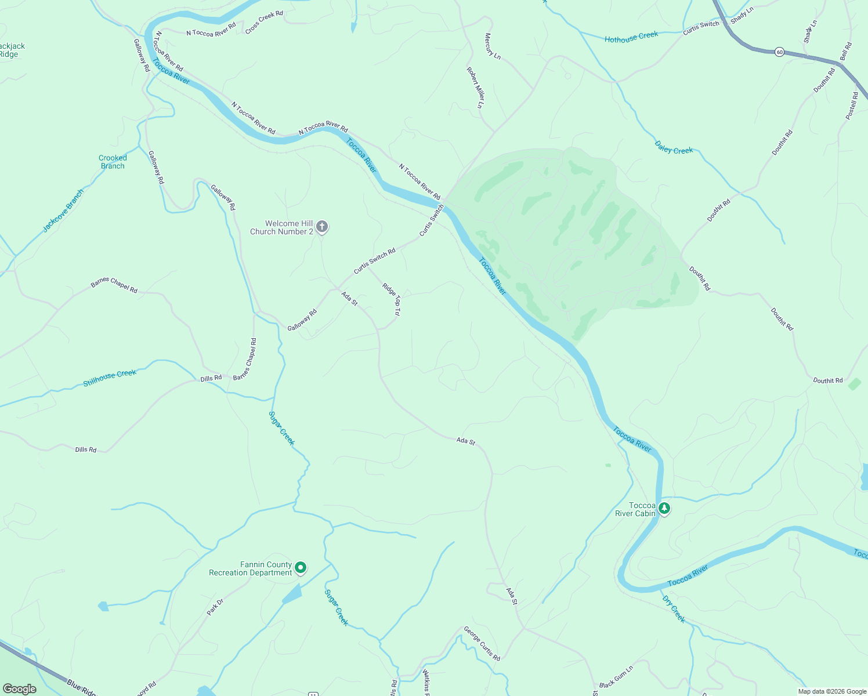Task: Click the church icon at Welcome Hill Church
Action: (322, 227)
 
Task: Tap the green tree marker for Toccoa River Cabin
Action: (664, 509)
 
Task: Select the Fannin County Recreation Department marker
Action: (301, 568)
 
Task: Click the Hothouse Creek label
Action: (631, 37)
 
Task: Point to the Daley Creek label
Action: (674, 147)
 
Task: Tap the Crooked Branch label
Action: (113, 162)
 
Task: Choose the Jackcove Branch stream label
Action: (63, 211)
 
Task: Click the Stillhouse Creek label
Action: (110, 378)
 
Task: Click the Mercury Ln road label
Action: (492, 46)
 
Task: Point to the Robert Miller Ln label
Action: (475, 88)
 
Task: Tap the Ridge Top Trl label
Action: (391, 299)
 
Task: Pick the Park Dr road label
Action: (215, 607)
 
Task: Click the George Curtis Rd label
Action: (482, 643)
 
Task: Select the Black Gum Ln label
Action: (616, 677)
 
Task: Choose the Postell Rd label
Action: (851, 106)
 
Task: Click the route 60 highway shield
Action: (779, 52)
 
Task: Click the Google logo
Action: (20, 688)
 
